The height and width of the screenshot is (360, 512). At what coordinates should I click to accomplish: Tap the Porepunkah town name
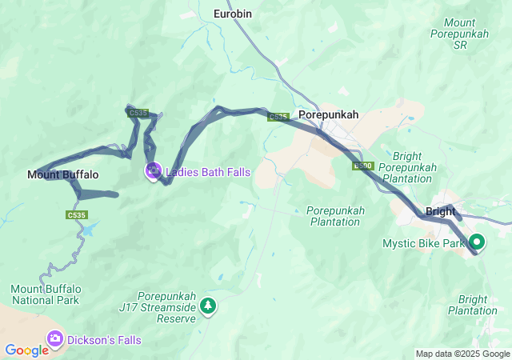(x=328, y=115)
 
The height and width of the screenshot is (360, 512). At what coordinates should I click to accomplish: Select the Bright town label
(x=441, y=212)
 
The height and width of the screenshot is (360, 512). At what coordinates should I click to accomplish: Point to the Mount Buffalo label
(x=63, y=174)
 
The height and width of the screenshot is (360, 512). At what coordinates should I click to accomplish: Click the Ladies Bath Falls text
(x=208, y=172)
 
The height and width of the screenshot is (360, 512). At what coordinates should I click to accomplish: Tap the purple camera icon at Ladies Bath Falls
(x=152, y=170)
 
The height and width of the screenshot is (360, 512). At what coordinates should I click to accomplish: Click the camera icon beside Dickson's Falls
(x=55, y=339)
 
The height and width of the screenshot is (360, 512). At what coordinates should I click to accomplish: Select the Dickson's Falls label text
(x=104, y=340)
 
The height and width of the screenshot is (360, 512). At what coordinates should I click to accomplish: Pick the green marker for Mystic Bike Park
(x=478, y=241)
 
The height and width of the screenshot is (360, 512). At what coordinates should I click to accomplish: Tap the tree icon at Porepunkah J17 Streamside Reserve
(x=208, y=306)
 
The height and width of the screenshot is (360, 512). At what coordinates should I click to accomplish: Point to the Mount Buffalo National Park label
(x=45, y=294)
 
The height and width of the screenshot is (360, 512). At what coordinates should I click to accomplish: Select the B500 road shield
(x=363, y=166)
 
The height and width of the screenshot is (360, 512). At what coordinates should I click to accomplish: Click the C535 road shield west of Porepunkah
(x=278, y=117)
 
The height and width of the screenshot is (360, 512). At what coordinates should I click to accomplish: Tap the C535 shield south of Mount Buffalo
(x=77, y=215)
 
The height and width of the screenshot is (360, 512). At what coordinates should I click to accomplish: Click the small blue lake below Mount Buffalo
(x=87, y=230)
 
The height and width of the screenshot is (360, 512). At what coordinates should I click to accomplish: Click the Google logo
(x=26, y=350)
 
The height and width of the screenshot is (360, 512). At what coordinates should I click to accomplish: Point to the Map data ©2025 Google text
(x=462, y=354)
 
